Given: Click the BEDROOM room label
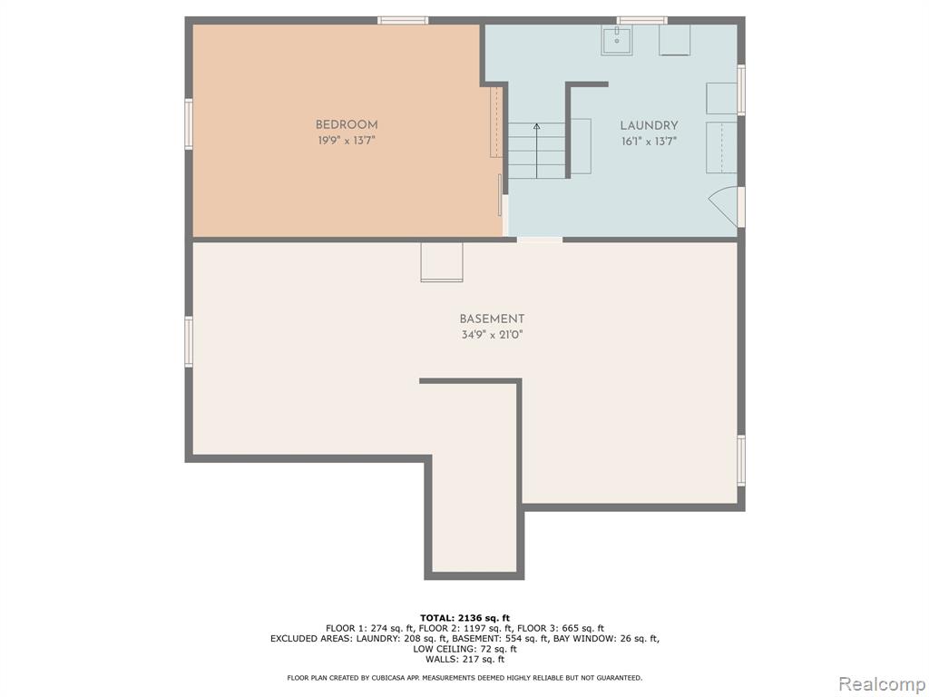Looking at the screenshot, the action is click(347, 125).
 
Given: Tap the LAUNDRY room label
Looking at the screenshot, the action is click(649, 125).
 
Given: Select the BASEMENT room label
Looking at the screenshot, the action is click(492, 319).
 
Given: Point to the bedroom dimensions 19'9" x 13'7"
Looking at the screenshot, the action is click(347, 141).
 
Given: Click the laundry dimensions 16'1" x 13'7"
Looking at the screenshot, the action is click(649, 142).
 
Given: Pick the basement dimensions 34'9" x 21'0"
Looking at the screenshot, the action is click(492, 335).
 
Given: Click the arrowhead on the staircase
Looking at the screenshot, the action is click(537, 126).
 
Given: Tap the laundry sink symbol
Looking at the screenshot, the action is click(617, 40).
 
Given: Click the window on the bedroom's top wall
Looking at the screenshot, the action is click(403, 21).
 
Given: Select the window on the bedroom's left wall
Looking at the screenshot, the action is click(189, 123).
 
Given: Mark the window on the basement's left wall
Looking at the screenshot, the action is click(189, 341).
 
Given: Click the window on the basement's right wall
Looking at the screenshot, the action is click(741, 460).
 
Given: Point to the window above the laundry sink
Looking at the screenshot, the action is click(642, 21).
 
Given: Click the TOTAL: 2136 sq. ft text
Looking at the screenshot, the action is click(464, 618).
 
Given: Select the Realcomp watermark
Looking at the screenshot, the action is click(880, 683).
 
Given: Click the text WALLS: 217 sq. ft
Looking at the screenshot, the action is click(464, 659).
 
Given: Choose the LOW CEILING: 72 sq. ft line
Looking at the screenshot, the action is click(464, 649).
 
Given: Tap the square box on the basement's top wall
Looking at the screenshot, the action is click(442, 261).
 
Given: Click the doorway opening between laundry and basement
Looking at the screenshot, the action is click(540, 240).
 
